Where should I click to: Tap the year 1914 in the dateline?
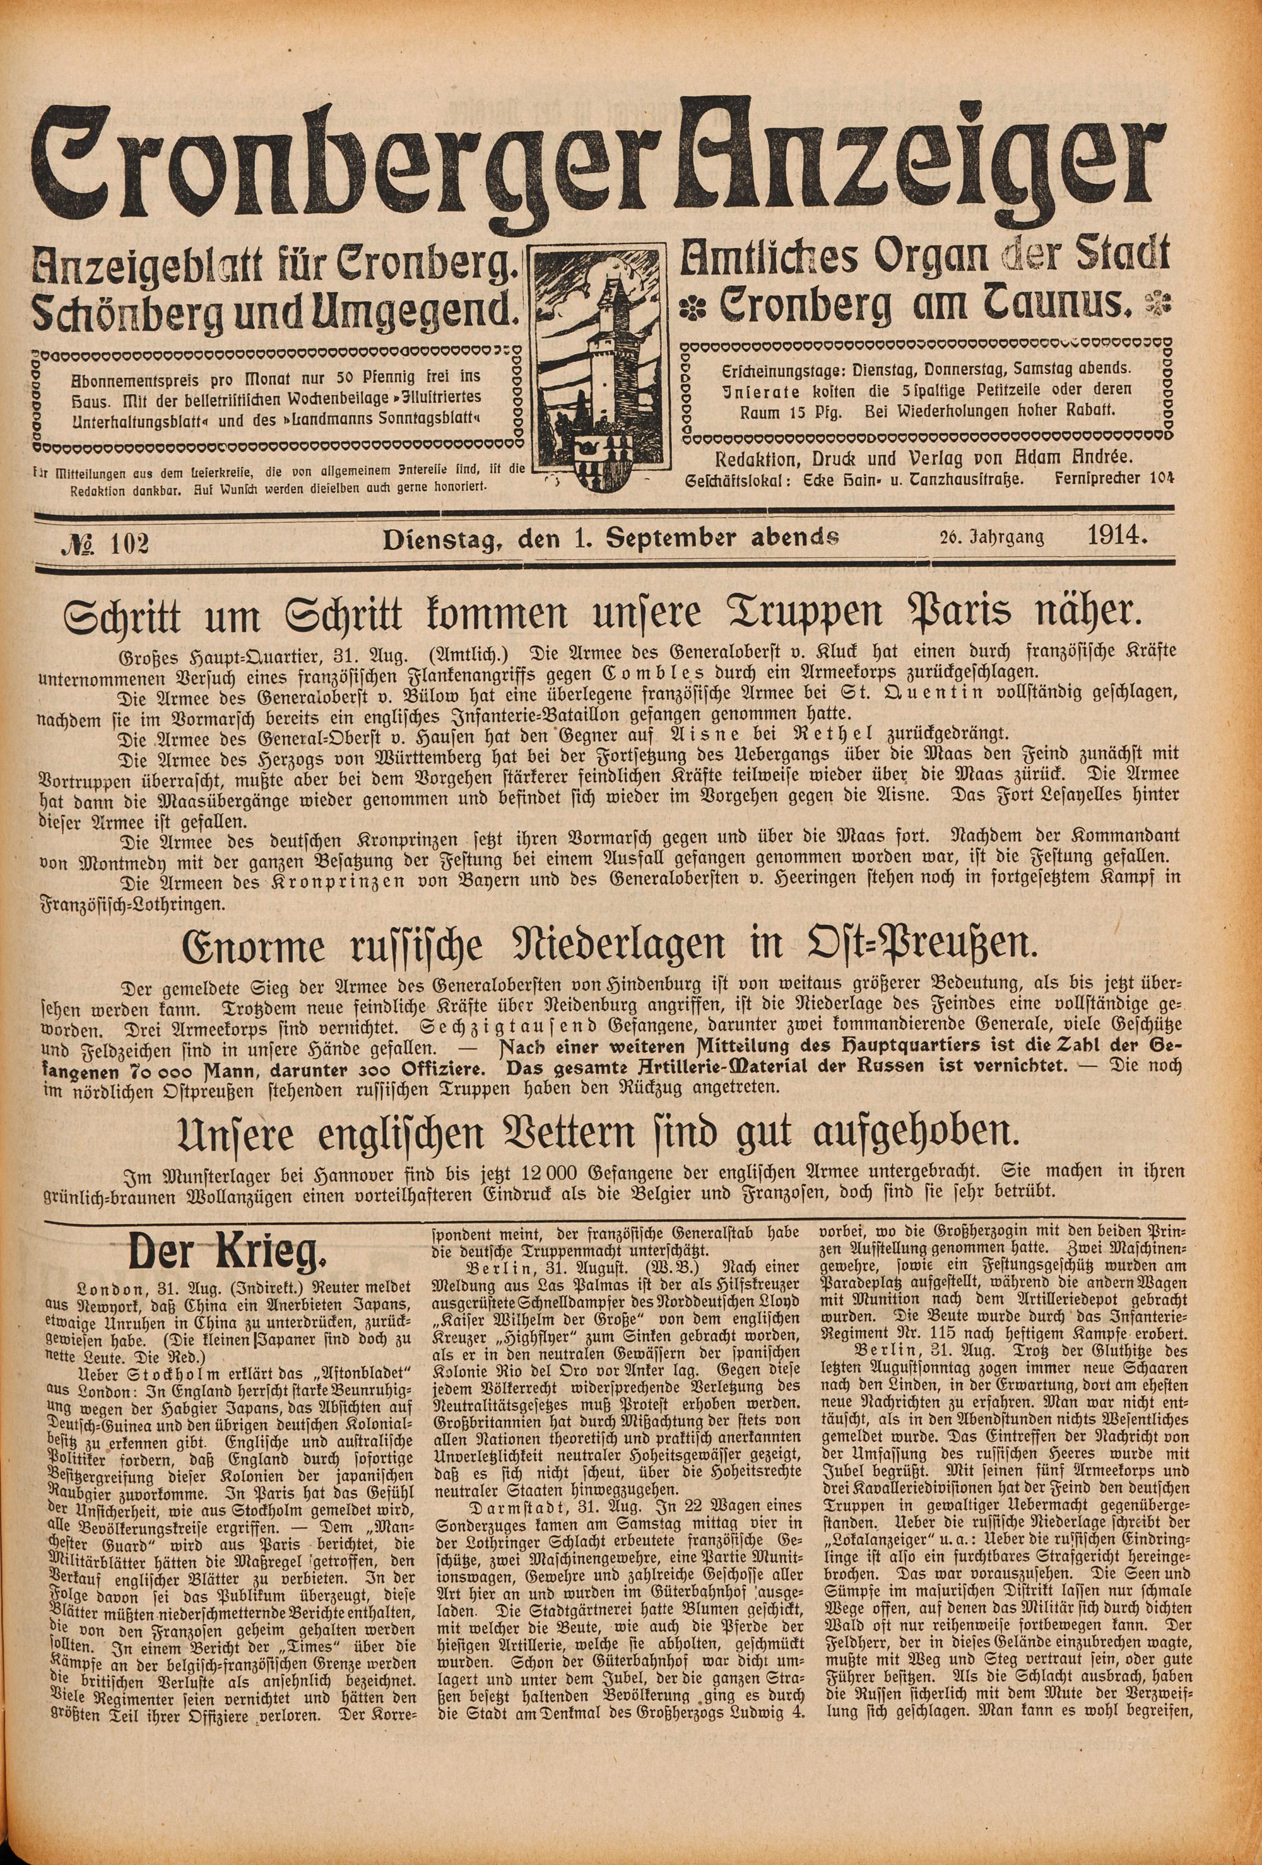pos(1114,536)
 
